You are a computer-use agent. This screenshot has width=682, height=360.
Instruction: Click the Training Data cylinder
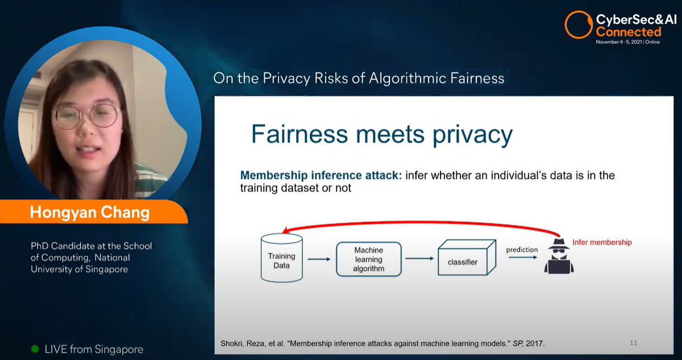[x=281, y=260]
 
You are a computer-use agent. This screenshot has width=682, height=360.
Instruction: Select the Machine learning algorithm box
[x=368, y=259]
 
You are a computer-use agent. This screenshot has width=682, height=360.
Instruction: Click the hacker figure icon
[x=559, y=256]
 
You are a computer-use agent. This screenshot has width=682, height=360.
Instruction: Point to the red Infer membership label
[x=602, y=242]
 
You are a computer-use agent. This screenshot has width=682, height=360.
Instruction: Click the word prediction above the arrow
[x=522, y=250]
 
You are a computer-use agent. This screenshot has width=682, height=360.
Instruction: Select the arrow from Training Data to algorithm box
[x=319, y=260]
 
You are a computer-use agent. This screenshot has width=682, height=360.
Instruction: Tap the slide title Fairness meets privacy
[x=381, y=134]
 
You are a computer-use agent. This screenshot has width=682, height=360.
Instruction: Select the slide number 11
[x=633, y=343]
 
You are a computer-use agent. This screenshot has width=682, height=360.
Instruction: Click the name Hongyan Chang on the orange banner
[x=90, y=213]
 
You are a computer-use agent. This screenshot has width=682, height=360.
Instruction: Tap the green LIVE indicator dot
[x=35, y=349]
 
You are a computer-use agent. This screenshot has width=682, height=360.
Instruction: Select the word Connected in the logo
[x=628, y=32]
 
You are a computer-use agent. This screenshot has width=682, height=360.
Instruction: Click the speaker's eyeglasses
[x=86, y=115]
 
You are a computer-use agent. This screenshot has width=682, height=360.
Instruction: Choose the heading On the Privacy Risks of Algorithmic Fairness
[x=359, y=78]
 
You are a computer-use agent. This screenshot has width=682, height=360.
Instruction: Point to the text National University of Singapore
[x=91, y=263]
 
